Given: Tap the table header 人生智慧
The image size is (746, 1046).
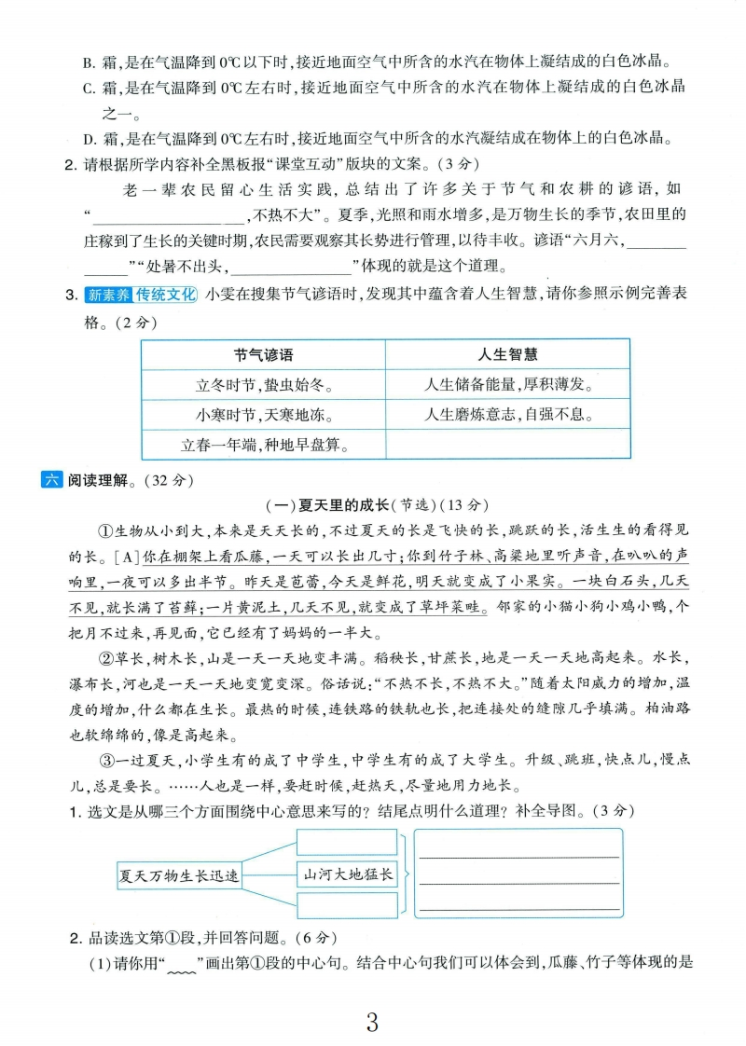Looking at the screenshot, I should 506,354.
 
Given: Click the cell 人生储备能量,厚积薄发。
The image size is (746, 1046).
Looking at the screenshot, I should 506,384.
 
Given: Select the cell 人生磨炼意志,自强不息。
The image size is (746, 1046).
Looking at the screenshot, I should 506,414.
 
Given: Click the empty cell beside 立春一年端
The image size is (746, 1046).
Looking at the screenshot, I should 506,445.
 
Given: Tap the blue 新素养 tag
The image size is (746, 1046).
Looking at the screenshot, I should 107,296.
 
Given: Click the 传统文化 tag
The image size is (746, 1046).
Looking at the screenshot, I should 165,296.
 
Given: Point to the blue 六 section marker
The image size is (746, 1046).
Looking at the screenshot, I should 51,481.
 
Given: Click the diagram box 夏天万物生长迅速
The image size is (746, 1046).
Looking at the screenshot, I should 179,876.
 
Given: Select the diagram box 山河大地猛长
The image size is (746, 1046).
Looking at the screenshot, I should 347,874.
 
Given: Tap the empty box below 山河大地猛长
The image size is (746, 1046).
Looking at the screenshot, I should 347,904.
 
